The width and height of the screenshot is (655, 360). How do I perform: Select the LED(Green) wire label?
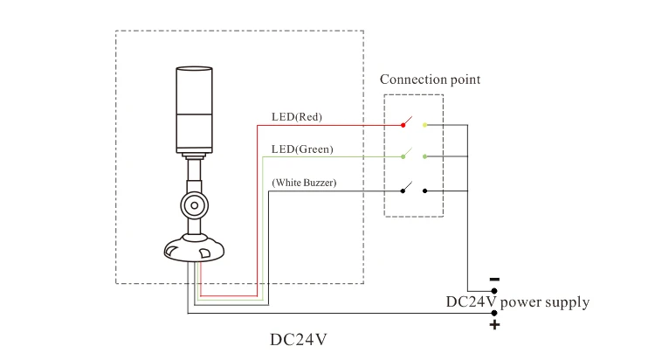tap(302, 149)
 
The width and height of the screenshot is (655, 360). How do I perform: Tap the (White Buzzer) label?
tap(305, 183)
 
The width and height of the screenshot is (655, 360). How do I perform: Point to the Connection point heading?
tap(430, 80)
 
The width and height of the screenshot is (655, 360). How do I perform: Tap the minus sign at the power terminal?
tap(494, 280)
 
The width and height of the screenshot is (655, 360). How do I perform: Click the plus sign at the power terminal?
tap(494, 325)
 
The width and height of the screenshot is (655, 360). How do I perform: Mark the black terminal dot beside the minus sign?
tap(493, 291)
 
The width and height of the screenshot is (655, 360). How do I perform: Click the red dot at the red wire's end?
tap(403, 125)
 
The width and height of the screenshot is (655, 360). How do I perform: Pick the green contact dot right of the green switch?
tap(424, 156)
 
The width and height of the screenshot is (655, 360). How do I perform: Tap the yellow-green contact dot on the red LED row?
tap(424, 125)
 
